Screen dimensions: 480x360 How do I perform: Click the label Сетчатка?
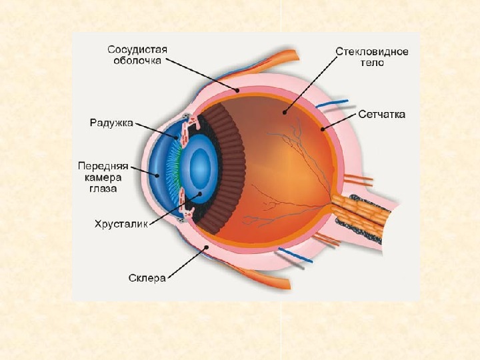382,115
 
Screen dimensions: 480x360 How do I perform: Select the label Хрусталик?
120,225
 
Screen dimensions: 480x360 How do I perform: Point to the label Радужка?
111,123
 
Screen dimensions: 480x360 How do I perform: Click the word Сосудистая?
137,49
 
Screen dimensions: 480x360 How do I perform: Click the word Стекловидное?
371,51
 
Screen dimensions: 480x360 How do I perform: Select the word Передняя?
103,165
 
